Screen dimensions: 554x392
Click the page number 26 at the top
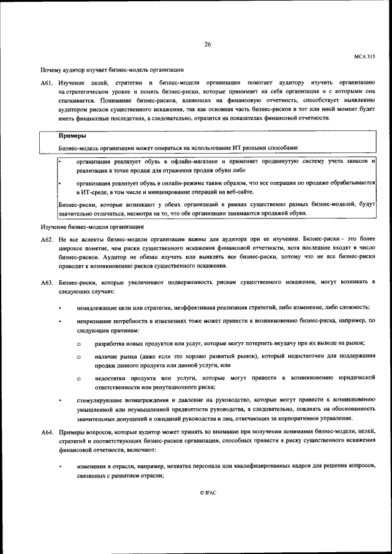208,43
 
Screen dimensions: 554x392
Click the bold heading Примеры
72,136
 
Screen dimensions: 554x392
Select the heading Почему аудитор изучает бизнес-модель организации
112,70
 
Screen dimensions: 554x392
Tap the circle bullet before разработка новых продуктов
79,344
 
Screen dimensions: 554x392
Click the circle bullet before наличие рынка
79,357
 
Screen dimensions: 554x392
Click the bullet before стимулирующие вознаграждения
59,400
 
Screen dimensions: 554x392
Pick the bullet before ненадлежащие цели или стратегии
59,307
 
